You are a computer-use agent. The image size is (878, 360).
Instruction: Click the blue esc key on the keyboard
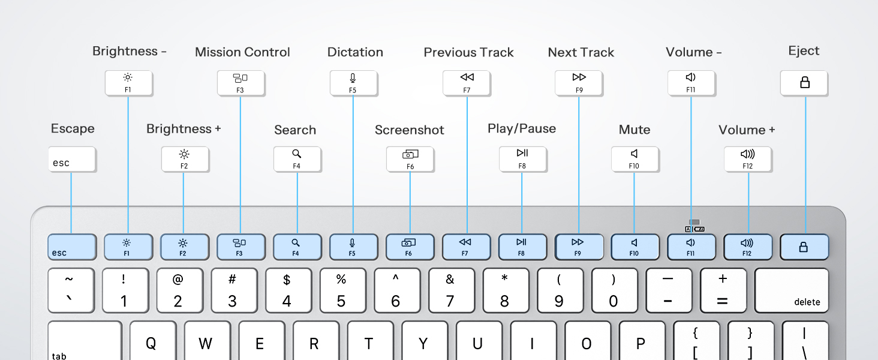(72, 247)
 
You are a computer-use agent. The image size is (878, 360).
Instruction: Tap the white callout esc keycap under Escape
(72, 160)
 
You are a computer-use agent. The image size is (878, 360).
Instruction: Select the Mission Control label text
(242, 52)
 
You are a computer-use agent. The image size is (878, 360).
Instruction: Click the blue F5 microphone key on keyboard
(353, 247)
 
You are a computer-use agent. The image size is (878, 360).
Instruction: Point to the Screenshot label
(409, 130)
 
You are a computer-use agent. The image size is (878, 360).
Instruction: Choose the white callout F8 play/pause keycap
(522, 158)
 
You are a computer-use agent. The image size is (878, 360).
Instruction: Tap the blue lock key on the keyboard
(804, 247)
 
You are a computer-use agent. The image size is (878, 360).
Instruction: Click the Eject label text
(804, 51)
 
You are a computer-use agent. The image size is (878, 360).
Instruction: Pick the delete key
(792, 290)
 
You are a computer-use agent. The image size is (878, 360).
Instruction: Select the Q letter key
(152, 342)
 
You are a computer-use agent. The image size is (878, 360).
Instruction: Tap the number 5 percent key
(341, 290)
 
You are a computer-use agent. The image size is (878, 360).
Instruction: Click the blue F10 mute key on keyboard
(635, 247)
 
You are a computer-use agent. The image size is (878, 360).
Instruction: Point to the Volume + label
(747, 130)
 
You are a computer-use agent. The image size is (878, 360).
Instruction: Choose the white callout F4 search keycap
(297, 159)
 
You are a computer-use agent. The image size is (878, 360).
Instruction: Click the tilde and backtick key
(71, 290)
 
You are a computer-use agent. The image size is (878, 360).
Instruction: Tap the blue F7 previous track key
(466, 247)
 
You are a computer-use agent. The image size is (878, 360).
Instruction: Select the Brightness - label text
(129, 52)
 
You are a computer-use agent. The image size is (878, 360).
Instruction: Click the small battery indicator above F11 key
(699, 229)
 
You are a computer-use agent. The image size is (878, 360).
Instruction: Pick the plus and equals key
(723, 290)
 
